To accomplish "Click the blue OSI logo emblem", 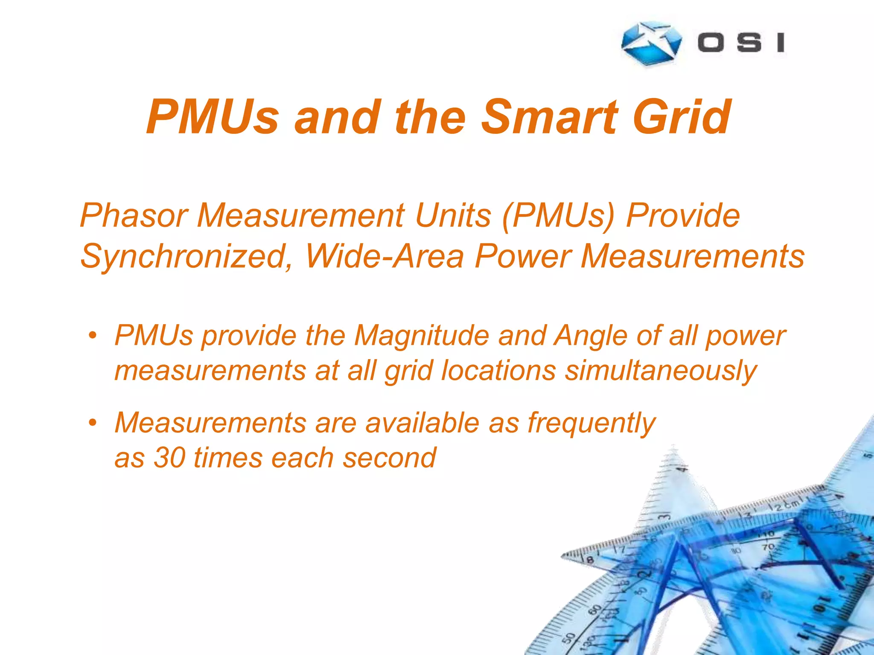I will click(x=651, y=43).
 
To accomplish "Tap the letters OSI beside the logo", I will click(x=741, y=43).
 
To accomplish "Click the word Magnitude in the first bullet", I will click(x=422, y=336).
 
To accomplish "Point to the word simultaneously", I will click(x=661, y=371).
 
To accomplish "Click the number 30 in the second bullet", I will click(x=169, y=458).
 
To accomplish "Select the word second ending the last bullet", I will click(x=389, y=458).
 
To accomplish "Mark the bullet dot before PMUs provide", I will click(x=93, y=335).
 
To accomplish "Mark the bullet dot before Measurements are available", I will click(x=93, y=423).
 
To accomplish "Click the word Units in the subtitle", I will click(x=453, y=216).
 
